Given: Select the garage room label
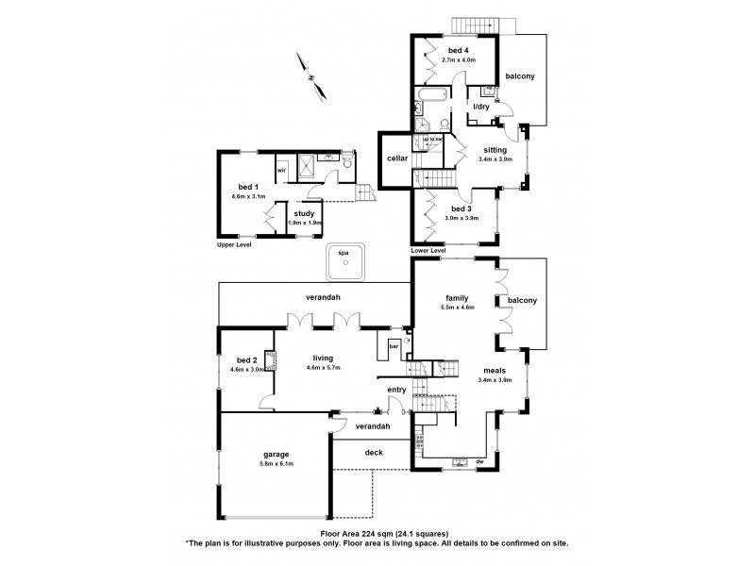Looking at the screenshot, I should [x=276, y=454].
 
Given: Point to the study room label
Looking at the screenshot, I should [x=304, y=213].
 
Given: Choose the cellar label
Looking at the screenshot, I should [x=396, y=158].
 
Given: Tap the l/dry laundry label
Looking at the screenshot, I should [x=480, y=108].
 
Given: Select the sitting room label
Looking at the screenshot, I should [x=495, y=150].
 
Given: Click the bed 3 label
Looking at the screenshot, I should [x=461, y=208].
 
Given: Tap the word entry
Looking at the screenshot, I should [x=396, y=389].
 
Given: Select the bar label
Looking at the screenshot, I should [x=393, y=346].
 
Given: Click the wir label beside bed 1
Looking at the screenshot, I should [x=281, y=171].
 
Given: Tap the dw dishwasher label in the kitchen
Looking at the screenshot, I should [x=479, y=461].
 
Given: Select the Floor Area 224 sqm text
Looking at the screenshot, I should [x=377, y=535].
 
